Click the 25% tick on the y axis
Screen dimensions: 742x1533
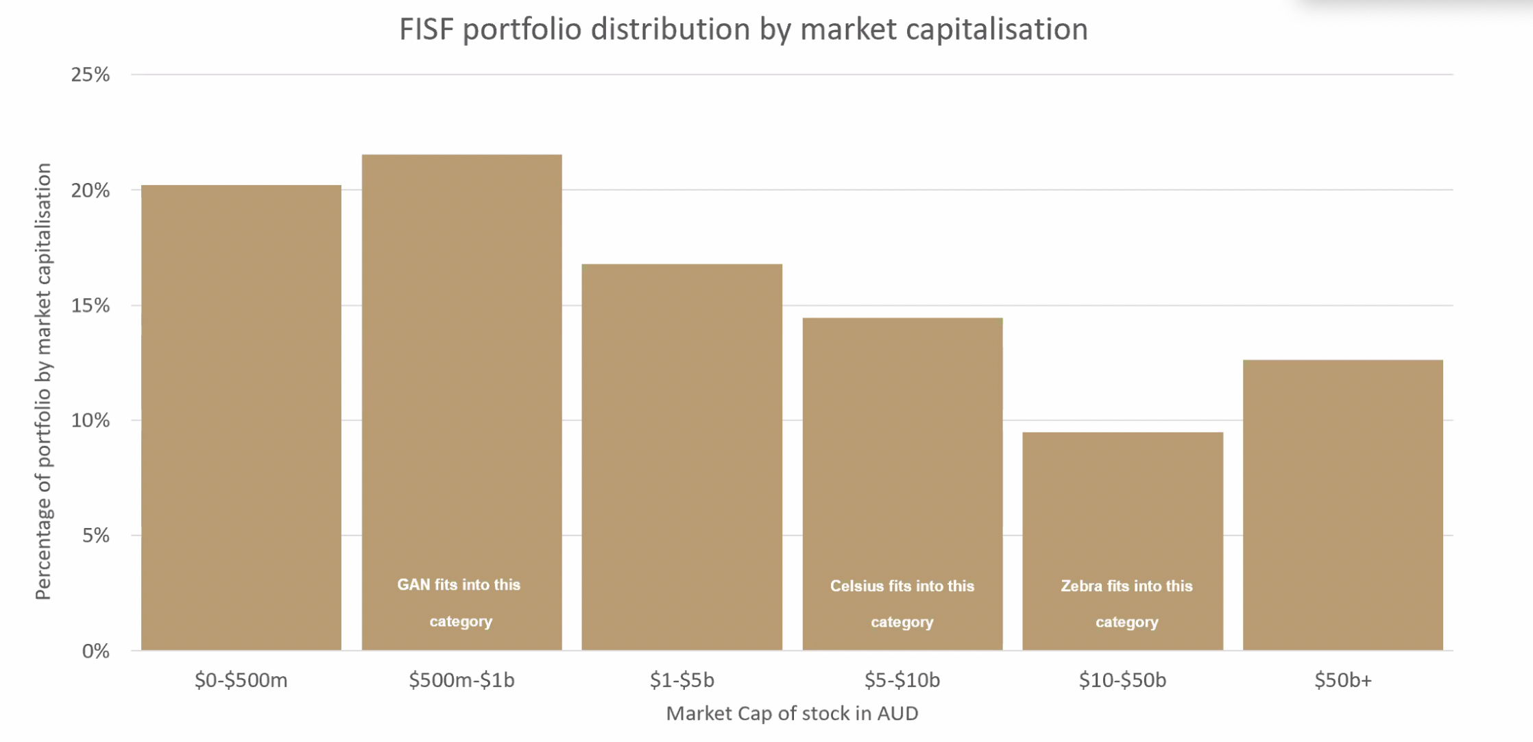tap(90, 75)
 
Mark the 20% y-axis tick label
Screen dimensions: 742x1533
tap(90, 191)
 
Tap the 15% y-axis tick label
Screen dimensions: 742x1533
tap(90, 306)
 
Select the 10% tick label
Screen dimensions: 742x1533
tap(90, 420)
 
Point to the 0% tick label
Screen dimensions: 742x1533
tap(96, 651)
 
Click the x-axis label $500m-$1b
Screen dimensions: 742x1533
tap(461, 680)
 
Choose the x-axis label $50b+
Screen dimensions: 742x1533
tap(1342, 680)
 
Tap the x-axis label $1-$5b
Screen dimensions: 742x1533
tap(681, 680)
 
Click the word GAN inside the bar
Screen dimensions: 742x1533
tap(413, 585)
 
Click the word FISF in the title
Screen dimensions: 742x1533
tap(426, 29)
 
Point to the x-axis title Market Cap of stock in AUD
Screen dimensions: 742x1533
tap(792, 714)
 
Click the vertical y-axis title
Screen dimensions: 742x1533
tap(43, 381)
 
